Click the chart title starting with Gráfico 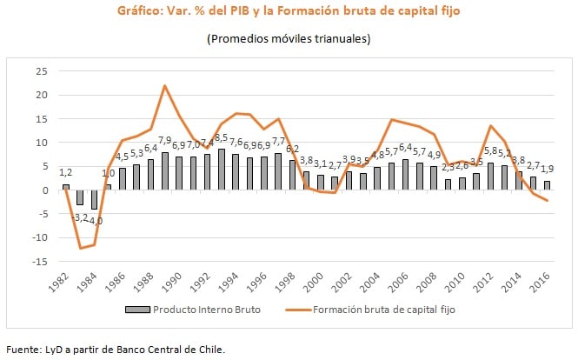289,12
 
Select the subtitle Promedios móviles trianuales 289,39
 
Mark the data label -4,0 96,221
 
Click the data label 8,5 223,137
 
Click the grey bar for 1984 94,200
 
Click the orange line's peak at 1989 165,85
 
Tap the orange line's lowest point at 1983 81,249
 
